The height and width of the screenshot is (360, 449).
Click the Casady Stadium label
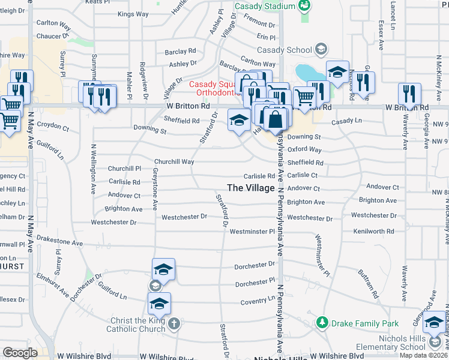pyautogui.click(x=264, y=6)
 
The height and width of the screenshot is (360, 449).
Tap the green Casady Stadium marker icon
pyautogui.click(x=305, y=6)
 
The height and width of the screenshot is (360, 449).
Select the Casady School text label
pyautogui.click(x=285, y=50)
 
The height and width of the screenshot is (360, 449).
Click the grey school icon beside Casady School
pyautogui.click(x=321, y=49)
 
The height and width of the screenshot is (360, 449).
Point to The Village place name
pyautogui.click(x=250, y=188)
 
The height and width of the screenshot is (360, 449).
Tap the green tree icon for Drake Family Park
pyautogui.click(x=322, y=323)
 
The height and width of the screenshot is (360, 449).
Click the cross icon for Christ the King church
pyautogui.click(x=174, y=325)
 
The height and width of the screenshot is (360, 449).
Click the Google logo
pyautogui.click(x=20, y=353)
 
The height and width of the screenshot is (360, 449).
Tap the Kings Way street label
pyautogui.click(x=133, y=14)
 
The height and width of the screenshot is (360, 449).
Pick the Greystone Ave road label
pyautogui.click(x=155, y=188)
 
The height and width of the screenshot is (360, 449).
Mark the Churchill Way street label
pyautogui.click(x=174, y=162)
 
